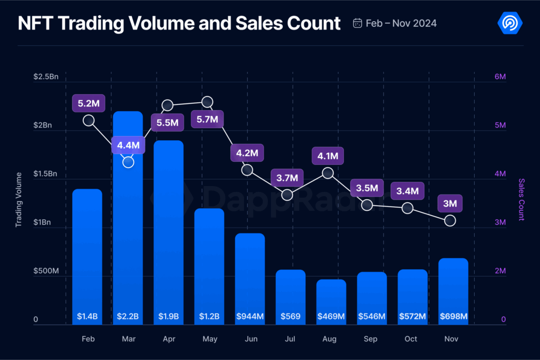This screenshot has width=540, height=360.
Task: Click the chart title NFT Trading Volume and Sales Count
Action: [179, 23]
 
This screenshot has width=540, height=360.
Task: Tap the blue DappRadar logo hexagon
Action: [510, 23]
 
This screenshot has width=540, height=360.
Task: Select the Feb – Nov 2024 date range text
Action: [401, 23]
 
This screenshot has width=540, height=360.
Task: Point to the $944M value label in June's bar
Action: [250, 317]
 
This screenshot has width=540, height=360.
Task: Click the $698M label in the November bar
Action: [454, 317]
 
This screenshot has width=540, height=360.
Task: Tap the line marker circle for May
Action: [207, 102]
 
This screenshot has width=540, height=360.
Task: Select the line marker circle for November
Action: [450, 221]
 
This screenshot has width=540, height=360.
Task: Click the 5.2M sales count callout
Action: [88, 104]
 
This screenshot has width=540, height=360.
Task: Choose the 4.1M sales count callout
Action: [327, 156]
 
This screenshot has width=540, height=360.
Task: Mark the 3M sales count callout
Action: [450, 203]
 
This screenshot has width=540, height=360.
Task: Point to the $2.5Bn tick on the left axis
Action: [45, 77]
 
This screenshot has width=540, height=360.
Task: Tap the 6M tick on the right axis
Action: [500, 77]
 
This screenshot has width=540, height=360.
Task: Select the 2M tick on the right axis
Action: [500, 271]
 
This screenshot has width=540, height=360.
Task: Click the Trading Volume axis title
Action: [19, 199]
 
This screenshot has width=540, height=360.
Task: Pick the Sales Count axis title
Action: [521, 199]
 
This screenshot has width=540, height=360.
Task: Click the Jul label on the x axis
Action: [291, 339]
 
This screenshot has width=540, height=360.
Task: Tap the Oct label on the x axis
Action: [411, 339]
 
